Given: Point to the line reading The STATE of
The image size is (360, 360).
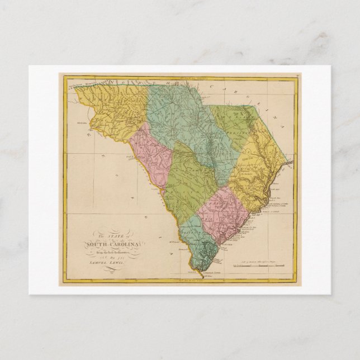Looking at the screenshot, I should pos(106,236).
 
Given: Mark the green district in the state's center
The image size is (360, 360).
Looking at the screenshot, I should pos(190,179).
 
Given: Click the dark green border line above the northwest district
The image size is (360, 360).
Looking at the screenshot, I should pos(106,85).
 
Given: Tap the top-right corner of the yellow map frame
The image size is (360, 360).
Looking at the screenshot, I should pos(296,77).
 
